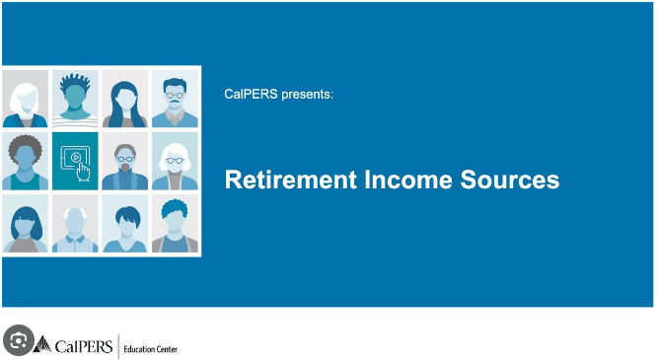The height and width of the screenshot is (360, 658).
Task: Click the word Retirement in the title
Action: (x=281, y=180)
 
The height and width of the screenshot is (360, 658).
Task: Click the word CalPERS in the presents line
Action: (x=252, y=95)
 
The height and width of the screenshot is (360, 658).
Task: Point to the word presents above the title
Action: (x=310, y=96)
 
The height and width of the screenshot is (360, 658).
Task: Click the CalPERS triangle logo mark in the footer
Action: (x=43, y=344)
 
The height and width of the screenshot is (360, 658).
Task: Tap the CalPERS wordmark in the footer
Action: (x=84, y=345)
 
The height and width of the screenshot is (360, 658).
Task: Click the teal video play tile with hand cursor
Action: (x=75, y=161)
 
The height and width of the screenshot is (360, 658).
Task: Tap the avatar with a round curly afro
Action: (x=25, y=161)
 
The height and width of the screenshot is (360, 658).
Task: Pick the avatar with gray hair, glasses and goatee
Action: (x=125, y=161)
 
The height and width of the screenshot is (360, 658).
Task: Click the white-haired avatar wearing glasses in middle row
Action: (x=175, y=161)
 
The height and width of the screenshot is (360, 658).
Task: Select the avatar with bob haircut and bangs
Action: (x=25, y=224)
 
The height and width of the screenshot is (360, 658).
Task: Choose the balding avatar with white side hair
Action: (x=75, y=224)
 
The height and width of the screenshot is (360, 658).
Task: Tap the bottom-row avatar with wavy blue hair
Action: (x=175, y=224)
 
